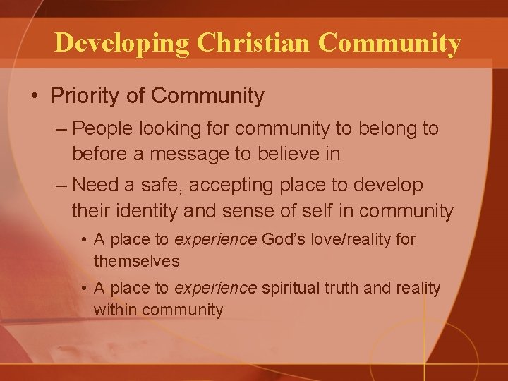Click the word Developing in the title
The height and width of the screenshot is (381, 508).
pyautogui.click(x=121, y=43)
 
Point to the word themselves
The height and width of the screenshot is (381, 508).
pyautogui.click(x=136, y=261)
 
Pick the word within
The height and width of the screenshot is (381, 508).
pyautogui.click(x=115, y=310)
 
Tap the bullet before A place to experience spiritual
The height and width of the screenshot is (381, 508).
pyautogui.click(x=84, y=289)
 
